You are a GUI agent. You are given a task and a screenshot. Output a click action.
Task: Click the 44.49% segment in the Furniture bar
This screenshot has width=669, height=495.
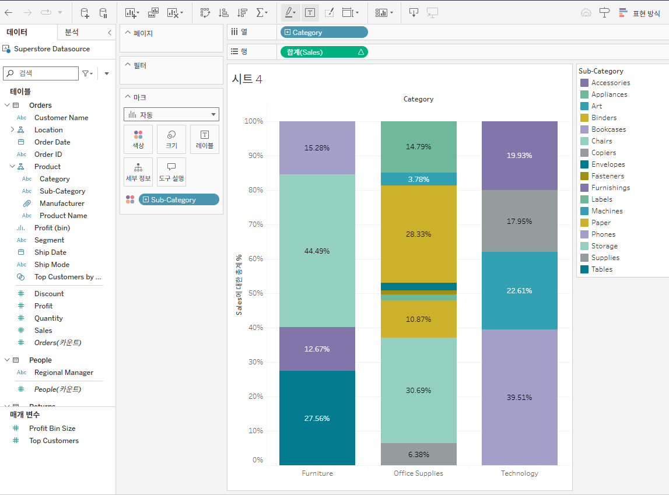pyautogui.click(x=317, y=251)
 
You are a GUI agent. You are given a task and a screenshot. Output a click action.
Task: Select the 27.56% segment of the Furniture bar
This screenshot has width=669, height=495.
pyautogui.click(x=317, y=418)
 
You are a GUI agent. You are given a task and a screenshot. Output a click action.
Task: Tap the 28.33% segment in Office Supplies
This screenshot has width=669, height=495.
pyautogui.click(x=418, y=234)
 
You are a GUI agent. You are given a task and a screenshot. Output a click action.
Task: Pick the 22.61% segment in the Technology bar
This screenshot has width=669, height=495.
pyautogui.click(x=519, y=290)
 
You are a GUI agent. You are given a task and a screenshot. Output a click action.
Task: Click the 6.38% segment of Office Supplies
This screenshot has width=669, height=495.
pyautogui.click(x=418, y=454)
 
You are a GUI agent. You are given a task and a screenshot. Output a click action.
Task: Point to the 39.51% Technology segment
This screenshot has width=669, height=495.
pyautogui.click(x=519, y=397)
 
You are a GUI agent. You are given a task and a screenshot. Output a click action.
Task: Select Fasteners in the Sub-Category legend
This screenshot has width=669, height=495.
pyautogui.click(x=607, y=176)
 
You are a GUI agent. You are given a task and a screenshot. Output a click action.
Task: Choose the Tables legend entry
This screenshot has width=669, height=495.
pyautogui.click(x=601, y=269)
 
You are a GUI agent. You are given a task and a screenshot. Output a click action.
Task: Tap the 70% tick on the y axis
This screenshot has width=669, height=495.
pyautogui.click(x=254, y=224)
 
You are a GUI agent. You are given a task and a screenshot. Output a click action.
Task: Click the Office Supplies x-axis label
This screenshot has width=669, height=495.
pyautogui.click(x=418, y=473)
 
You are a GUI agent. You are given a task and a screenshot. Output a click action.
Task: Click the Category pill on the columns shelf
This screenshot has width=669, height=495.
pyautogui.click(x=324, y=33)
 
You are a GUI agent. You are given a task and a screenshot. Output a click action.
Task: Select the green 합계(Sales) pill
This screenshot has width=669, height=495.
pyautogui.click(x=324, y=52)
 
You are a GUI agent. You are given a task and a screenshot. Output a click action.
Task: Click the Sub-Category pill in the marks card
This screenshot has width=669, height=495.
pyautogui.click(x=178, y=199)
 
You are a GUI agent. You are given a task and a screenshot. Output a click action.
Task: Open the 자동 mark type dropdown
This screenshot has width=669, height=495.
pyautogui.click(x=171, y=115)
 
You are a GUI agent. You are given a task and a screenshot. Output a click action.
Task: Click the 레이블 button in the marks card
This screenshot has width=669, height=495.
pyautogui.click(x=204, y=139)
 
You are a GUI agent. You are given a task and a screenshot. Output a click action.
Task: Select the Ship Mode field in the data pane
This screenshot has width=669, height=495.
pyautogui.click(x=52, y=265)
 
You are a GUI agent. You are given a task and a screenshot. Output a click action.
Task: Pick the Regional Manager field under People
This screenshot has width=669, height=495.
pyautogui.click(x=64, y=373)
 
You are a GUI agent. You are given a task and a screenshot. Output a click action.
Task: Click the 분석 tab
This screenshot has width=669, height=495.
pyautogui.click(x=72, y=33)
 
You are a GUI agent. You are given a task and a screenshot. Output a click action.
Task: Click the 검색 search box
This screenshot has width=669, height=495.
pyautogui.click(x=41, y=73)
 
